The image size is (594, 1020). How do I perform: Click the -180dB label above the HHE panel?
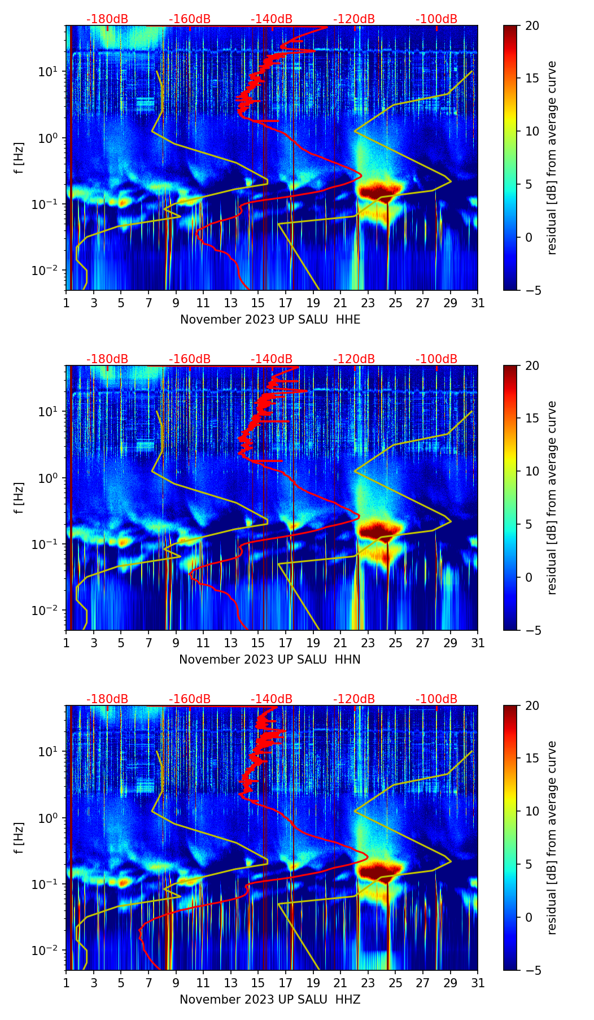(107, 19)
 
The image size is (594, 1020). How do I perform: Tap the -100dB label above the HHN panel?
(436, 359)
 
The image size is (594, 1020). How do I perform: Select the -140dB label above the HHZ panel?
(272, 699)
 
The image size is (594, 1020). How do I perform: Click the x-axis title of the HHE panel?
(270, 320)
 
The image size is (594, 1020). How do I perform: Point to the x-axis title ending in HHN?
(270, 660)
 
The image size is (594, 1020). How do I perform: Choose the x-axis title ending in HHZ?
(270, 1000)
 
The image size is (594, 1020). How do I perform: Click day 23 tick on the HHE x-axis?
(368, 303)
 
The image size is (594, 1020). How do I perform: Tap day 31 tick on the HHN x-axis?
(478, 643)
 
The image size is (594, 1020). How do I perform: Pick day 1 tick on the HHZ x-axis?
(66, 983)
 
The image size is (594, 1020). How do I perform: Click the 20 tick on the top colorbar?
(532, 25)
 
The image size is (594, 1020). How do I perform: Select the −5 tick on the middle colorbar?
(532, 630)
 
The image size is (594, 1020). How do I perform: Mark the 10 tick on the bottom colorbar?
(532, 812)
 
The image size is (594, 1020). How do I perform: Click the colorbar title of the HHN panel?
(552, 498)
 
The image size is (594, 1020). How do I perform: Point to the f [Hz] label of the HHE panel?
(19, 158)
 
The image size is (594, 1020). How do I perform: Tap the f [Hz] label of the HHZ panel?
(19, 838)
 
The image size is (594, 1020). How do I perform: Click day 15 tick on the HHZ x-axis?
(258, 983)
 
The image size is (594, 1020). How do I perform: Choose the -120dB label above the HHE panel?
(354, 19)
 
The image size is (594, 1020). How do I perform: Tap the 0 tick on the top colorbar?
(529, 237)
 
